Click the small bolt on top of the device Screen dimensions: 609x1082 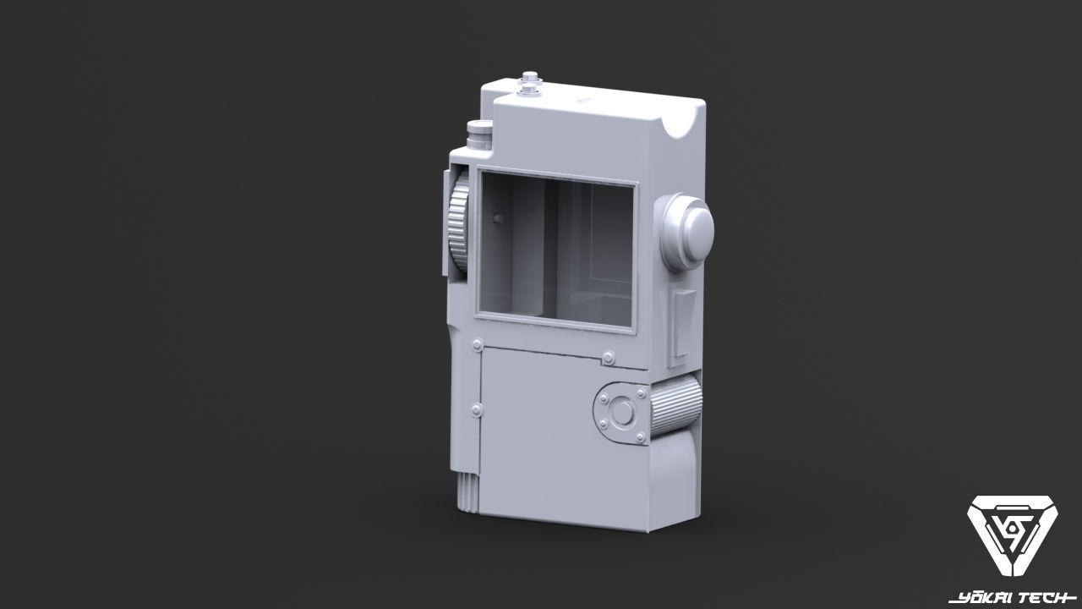530,84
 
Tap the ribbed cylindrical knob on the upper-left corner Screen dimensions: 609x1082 479,135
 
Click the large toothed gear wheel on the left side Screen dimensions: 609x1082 458,224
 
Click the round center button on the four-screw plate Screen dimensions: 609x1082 623,413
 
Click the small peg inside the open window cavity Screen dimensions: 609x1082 496,219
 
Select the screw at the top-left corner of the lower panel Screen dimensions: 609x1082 478,345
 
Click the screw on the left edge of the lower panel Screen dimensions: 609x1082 476,409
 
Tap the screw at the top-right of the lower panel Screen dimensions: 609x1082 607,358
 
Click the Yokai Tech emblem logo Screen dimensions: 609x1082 1012,539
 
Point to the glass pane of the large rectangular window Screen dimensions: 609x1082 556,254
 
